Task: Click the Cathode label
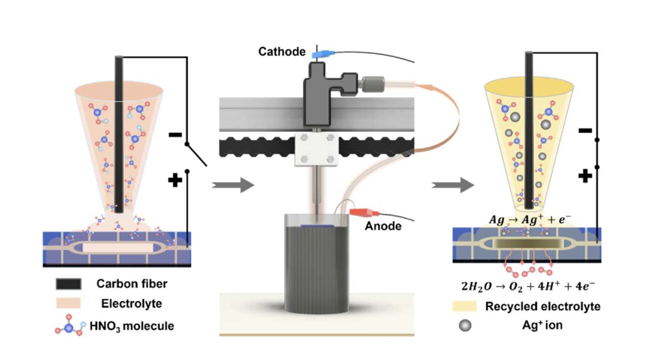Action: coord(282,51)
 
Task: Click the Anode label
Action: coord(383,226)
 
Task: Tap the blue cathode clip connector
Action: coord(322,54)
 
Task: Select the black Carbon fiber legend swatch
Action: coord(68,284)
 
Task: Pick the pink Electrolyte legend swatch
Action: coord(68,303)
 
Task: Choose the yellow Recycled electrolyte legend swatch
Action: coord(464,306)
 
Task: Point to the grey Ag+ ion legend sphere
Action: coord(465,325)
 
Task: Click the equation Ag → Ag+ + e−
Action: coord(529,220)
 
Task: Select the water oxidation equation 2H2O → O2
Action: coord(528,286)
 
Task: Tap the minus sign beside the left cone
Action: coord(175,135)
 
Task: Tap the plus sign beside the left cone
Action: coord(175,180)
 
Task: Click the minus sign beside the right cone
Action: coord(585,130)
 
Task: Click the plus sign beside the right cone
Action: coord(585,176)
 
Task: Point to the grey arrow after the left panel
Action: coord(233,185)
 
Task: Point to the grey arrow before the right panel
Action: coord(453,184)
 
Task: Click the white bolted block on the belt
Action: coord(316,149)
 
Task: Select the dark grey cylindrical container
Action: coord(317,267)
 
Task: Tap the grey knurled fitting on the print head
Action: coord(372,84)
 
